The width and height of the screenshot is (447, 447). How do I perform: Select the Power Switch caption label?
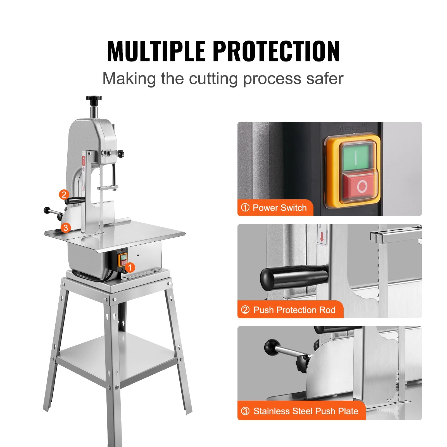pos(275,208)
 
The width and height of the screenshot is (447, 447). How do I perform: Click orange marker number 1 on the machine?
pos(130,267)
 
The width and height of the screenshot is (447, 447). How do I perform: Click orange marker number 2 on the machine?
pos(64,194)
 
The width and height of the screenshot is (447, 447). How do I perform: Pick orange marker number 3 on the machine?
pos(66,228)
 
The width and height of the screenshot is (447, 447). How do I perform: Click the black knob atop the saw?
pos(94,99)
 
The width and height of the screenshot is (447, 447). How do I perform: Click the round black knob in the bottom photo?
pos(272,347)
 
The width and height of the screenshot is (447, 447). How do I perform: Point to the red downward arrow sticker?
pos(322,238)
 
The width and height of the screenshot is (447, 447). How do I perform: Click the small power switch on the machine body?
pos(123,260)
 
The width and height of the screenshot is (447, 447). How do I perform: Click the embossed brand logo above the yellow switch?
pos(351,128)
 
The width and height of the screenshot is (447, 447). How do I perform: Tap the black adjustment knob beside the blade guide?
pos(121,154)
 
